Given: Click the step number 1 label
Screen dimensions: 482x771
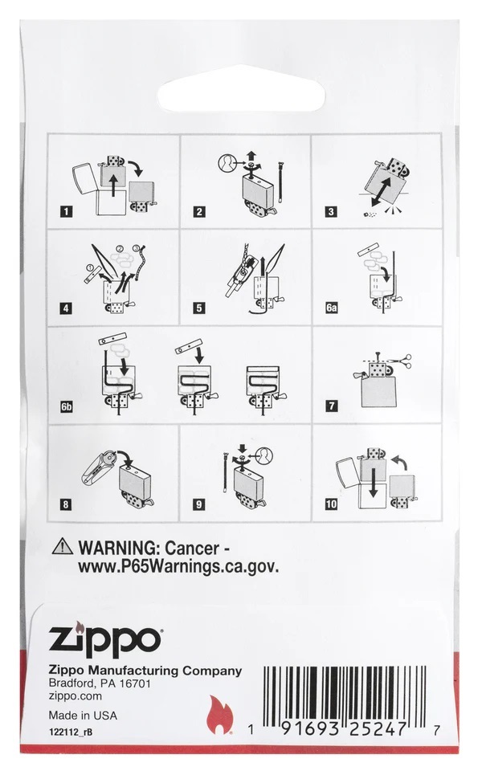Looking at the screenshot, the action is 66,212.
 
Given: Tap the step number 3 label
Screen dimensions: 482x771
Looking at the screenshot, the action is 331,212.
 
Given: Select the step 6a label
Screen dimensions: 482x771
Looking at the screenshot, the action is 332,308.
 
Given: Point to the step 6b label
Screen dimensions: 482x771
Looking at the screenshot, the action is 67,406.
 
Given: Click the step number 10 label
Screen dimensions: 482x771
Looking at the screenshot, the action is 332,504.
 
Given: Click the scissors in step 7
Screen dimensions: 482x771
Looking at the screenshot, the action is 402,361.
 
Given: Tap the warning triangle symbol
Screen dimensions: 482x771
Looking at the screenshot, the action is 63,546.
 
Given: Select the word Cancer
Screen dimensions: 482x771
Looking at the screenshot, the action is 192,547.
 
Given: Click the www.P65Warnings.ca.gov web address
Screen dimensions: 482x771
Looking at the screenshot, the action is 178,566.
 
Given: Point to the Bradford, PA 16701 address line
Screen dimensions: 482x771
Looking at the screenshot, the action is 100,683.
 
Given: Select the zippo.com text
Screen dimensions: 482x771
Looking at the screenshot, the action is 76,696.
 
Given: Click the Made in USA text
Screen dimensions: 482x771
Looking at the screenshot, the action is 83,716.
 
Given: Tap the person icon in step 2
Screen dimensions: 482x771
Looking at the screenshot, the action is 227,163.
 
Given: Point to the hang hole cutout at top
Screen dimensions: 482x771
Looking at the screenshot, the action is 241,89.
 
